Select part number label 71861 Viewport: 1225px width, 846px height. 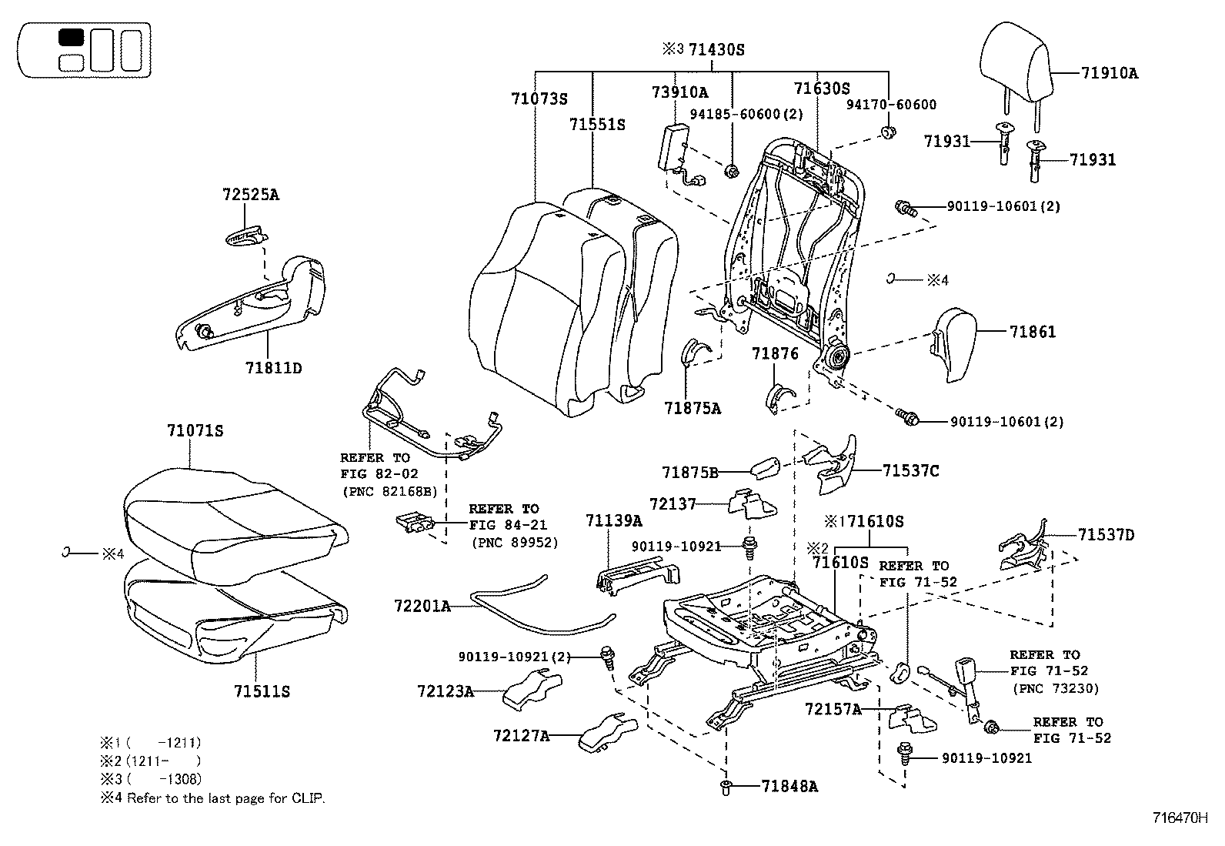click(x=1033, y=332)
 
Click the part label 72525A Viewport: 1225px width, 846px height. click(x=251, y=195)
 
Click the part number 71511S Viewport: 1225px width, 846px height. click(x=262, y=691)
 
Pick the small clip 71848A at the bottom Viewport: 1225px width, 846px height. click(x=726, y=786)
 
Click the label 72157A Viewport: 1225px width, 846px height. click(x=833, y=709)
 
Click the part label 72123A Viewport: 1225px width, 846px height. click(x=446, y=691)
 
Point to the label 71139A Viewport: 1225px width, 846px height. click(x=613, y=521)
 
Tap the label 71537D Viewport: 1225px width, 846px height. click(x=1106, y=534)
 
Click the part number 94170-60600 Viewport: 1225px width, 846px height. click(x=891, y=105)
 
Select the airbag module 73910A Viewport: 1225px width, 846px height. click(x=671, y=146)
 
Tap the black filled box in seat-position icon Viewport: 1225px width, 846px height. click(x=71, y=38)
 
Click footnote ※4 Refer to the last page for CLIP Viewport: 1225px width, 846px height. click(x=212, y=798)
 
